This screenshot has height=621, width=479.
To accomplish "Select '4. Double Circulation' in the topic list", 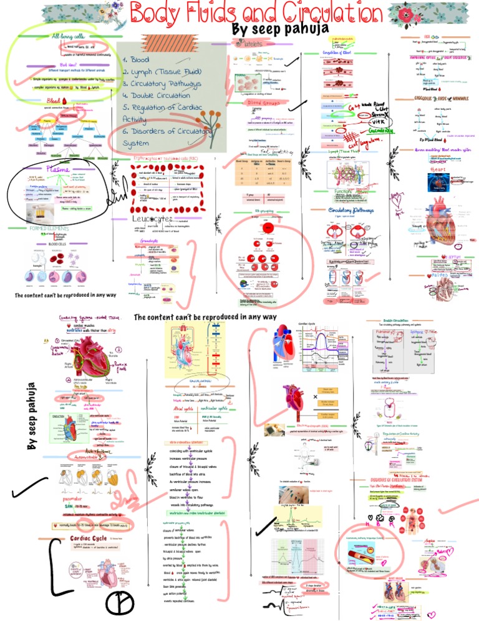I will [x=156, y=96].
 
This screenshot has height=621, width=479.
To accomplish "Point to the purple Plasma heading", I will [x=63, y=169].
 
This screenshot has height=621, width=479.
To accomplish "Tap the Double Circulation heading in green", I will [x=400, y=320].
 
